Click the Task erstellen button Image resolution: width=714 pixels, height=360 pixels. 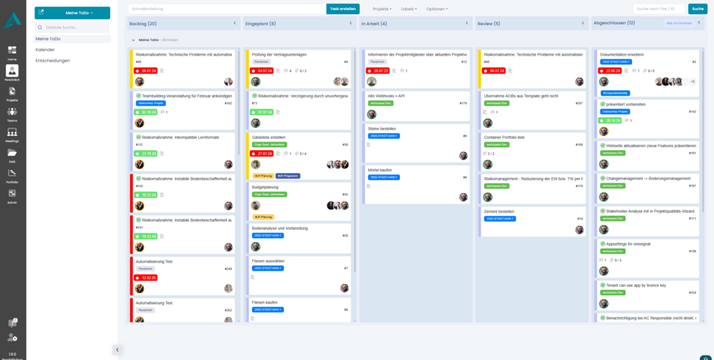(x=343, y=9)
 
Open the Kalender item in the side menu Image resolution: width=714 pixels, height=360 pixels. (x=45, y=49)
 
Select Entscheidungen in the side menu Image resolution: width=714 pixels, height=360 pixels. (x=53, y=61)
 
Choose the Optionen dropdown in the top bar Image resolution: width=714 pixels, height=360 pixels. (x=436, y=9)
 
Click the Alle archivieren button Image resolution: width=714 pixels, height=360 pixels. (x=679, y=23)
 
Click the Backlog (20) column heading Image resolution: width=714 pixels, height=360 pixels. (x=143, y=23)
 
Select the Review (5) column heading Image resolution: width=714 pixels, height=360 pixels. (x=488, y=23)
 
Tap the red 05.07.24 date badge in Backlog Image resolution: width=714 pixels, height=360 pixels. (x=149, y=71)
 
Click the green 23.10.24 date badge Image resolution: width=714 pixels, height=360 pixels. (x=149, y=153)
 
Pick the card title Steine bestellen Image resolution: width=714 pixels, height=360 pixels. (x=381, y=129)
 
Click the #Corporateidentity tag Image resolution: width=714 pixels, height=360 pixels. (x=615, y=93)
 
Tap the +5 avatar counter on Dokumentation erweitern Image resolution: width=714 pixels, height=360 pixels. (x=692, y=81)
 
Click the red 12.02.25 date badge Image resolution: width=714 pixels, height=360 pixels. (x=149, y=277)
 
